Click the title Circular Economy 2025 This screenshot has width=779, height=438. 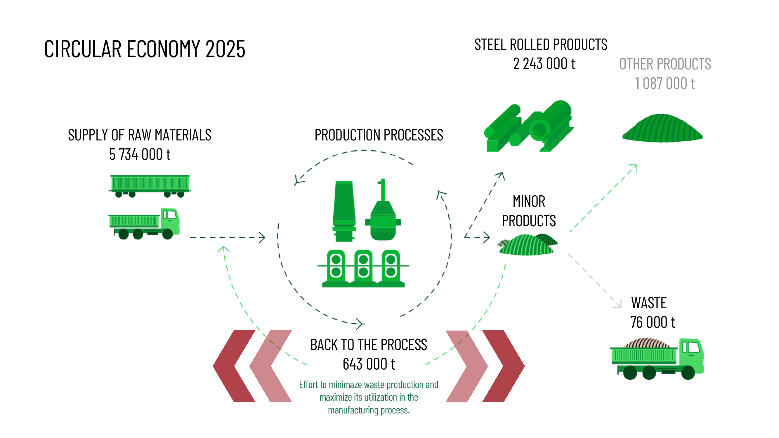point(145,49)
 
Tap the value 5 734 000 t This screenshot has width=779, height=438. point(139,154)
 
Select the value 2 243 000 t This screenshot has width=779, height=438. point(544,64)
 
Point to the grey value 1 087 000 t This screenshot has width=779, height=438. point(665,84)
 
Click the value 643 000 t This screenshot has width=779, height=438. point(369,364)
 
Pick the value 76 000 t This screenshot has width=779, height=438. point(652,322)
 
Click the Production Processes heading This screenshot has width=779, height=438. point(379,135)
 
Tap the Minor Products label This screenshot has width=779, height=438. point(529,211)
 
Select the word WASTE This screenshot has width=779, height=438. point(649,303)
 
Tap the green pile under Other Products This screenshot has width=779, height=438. point(662,128)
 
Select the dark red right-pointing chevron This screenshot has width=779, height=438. point(504,366)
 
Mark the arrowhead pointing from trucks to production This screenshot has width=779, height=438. point(262,237)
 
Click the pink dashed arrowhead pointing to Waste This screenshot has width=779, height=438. point(618,305)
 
